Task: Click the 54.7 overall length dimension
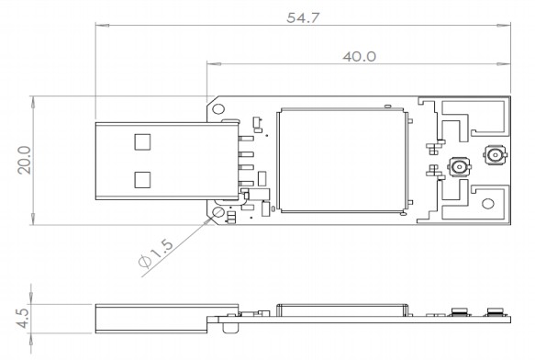tap(303, 17)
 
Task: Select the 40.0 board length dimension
tap(360, 57)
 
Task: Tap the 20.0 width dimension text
tap(25, 160)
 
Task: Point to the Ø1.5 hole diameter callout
tap(156, 253)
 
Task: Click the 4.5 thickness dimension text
tap(23, 318)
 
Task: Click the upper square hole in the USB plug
tap(142, 141)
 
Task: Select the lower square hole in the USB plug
tap(142, 180)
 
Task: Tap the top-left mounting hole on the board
tap(218, 109)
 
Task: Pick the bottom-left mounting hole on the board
tap(218, 212)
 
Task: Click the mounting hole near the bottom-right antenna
tap(488, 204)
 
